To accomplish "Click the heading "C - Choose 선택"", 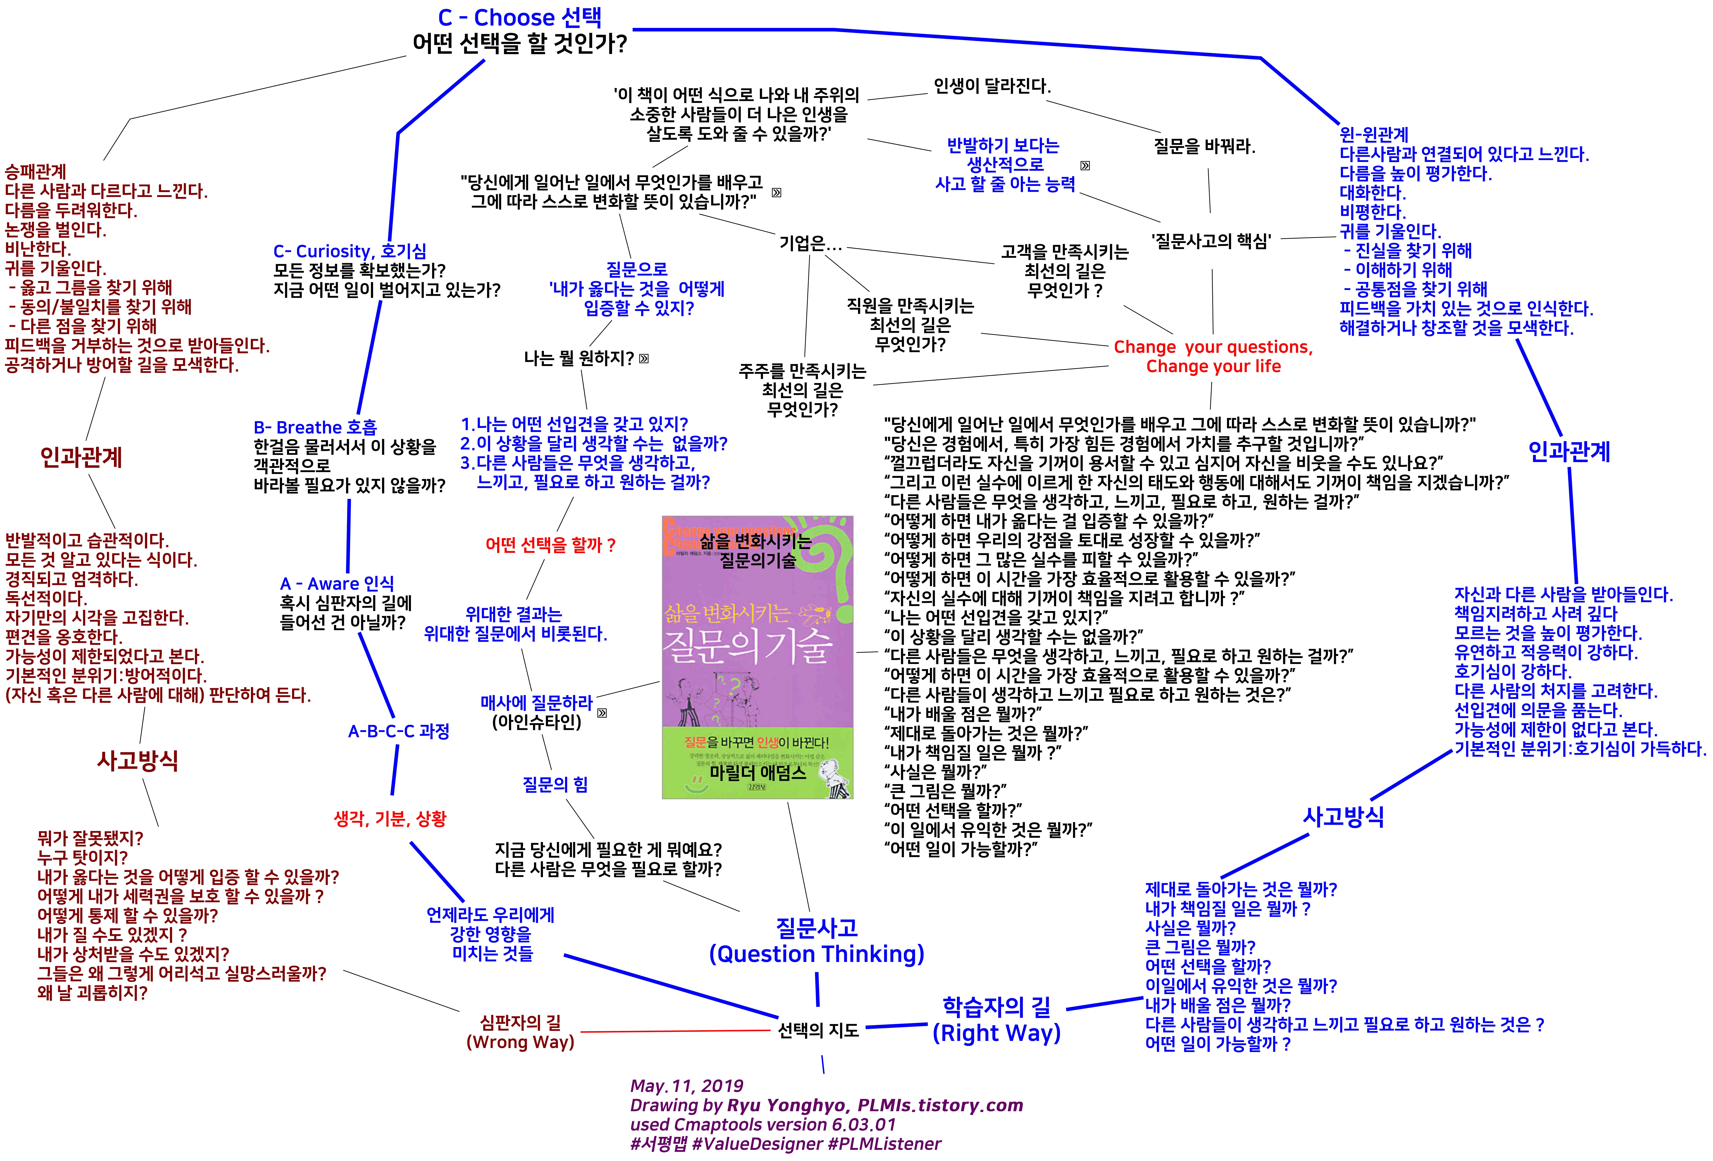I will point(520,18).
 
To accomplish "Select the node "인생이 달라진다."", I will point(991,86).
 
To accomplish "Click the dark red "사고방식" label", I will point(138,760).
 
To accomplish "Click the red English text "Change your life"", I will point(1213,366).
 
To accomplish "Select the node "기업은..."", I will point(810,243).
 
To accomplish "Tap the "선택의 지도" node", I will point(818,1030).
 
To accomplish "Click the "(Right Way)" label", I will point(997,1033).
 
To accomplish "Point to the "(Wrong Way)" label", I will point(520,1042).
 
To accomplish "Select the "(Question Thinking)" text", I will point(817,954).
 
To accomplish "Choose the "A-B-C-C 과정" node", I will point(399,731).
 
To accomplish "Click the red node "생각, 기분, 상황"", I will point(390,818).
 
